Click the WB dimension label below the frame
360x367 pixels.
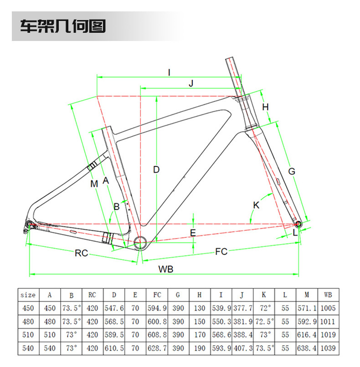click(x=166, y=269)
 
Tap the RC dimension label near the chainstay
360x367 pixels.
click(x=81, y=253)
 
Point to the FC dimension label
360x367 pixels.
click(x=221, y=252)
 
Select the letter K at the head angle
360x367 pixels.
click(x=256, y=205)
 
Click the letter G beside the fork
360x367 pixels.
click(x=292, y=171)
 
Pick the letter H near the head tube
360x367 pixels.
click(x=266, y=107)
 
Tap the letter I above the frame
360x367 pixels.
click(x=169, y=72)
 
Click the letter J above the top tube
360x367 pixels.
click(x=191, y=83)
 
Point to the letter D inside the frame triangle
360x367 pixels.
click(x=156, y=170)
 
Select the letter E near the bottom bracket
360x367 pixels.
click(x=193, y=233)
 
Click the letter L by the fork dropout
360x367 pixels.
click(x=295, y=233)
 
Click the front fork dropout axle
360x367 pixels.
click(x=298, y=223)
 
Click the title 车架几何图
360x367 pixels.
click(x=62, y=26)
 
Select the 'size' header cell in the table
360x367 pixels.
click(x=28, y=295)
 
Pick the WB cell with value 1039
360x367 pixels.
click(x=328, y=348)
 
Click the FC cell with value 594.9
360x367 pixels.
click(x=157, y=308)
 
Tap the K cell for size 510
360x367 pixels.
click(x=264, y=335)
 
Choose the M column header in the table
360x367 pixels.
click(x=307, y=295)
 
